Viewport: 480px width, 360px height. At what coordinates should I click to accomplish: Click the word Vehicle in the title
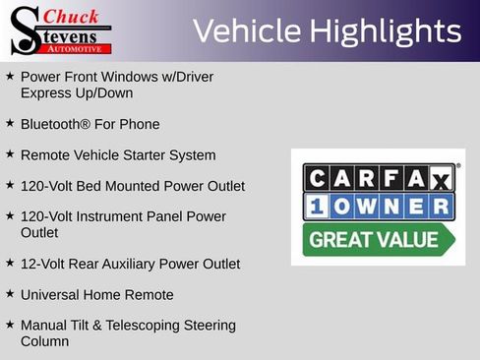click(246, 31)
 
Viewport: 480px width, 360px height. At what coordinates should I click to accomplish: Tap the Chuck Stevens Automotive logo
click(60, 30)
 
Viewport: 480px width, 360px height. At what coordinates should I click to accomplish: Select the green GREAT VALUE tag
click(375, 239)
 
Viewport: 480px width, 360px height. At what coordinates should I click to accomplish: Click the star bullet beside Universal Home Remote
click(10, 294)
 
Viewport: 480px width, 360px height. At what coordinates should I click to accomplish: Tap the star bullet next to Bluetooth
click(10, 124)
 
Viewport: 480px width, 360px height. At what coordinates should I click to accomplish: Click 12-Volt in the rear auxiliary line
click(43, 264)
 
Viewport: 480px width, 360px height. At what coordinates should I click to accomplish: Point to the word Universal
click(51, 294)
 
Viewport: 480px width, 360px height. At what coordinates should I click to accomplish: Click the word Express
click(46, 92)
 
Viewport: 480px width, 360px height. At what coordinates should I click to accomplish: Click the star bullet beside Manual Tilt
click(10, 324)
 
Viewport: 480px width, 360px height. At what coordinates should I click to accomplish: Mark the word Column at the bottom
click(45, 341)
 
